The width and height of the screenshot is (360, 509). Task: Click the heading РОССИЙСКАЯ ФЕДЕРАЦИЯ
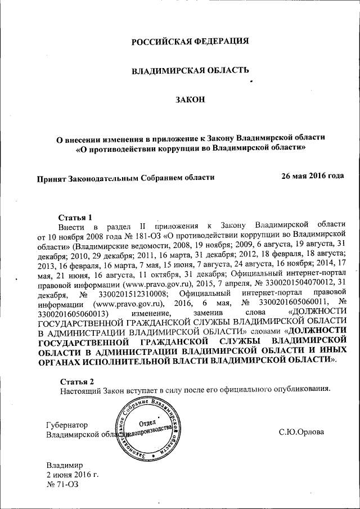pos(190,42)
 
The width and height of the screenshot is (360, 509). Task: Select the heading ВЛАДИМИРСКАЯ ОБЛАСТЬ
pos(190,71)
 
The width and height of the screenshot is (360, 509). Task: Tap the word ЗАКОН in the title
pos(190,100)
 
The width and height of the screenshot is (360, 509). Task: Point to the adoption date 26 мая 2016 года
pos(312,176)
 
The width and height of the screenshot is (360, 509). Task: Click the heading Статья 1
pos(75,217)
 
